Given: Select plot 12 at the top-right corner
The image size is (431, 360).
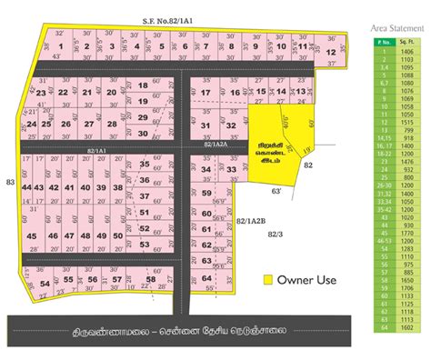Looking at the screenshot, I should coord(331,54).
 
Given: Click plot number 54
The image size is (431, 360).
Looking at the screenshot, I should coord(45,285).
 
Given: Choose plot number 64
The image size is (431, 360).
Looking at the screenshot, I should coord(206,278).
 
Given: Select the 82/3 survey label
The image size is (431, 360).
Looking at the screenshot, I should coord(274,235).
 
